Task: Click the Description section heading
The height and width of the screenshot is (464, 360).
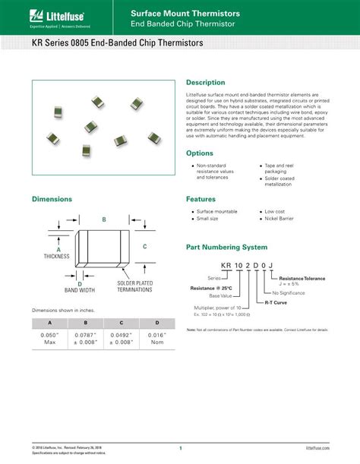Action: point(205,82)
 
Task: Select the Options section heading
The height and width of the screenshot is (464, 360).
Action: point(200,153)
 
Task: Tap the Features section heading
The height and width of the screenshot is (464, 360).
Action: point(201,199)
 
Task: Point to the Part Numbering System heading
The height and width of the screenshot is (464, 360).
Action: point(226,248)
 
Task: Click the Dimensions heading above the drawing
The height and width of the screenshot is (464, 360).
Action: point(52,199)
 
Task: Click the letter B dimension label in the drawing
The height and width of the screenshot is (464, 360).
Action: point(104,219)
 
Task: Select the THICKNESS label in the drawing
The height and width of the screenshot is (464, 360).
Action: point(58,257)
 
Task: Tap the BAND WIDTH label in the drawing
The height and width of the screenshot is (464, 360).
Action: point(79,289)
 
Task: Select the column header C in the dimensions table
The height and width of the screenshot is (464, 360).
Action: point(121,324)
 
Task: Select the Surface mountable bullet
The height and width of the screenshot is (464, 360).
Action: point(216,211)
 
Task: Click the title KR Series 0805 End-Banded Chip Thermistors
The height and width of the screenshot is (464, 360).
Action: point(118,43)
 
